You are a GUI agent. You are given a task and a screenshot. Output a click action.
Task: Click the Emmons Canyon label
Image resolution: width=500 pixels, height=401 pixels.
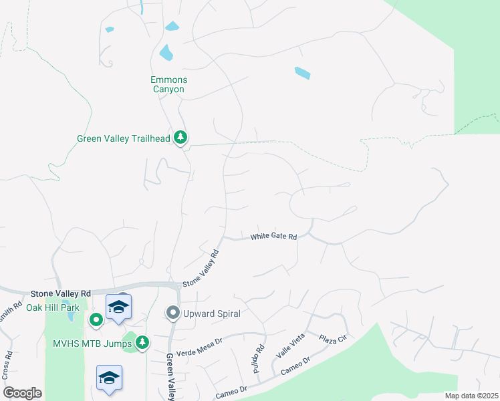click(167, 84)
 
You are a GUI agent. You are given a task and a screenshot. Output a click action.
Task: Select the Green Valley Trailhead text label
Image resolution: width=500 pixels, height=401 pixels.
click(123, 139)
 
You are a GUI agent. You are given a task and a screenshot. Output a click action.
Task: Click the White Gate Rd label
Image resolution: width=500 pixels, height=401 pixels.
click(273, 237)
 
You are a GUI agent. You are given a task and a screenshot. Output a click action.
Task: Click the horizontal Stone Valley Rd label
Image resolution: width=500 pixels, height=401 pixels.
click(60, 293)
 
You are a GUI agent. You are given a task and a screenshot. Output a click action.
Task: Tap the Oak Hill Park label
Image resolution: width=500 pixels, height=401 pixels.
click(52, 307)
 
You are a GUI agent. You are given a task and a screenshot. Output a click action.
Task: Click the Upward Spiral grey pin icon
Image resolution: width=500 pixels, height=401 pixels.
click(172, 313)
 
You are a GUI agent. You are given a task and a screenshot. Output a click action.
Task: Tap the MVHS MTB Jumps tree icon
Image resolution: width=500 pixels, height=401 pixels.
click(142, 343)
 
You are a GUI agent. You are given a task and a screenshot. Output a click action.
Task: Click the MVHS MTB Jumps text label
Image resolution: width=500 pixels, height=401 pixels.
click(92, 343)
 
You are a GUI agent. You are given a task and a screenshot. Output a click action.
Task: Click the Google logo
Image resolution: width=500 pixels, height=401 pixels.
click(22, 393)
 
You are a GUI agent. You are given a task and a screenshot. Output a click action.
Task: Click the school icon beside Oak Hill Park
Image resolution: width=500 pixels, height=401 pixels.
click(118, 307)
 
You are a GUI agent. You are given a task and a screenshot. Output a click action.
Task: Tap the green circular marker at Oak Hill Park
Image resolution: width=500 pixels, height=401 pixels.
click(96, 320)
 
